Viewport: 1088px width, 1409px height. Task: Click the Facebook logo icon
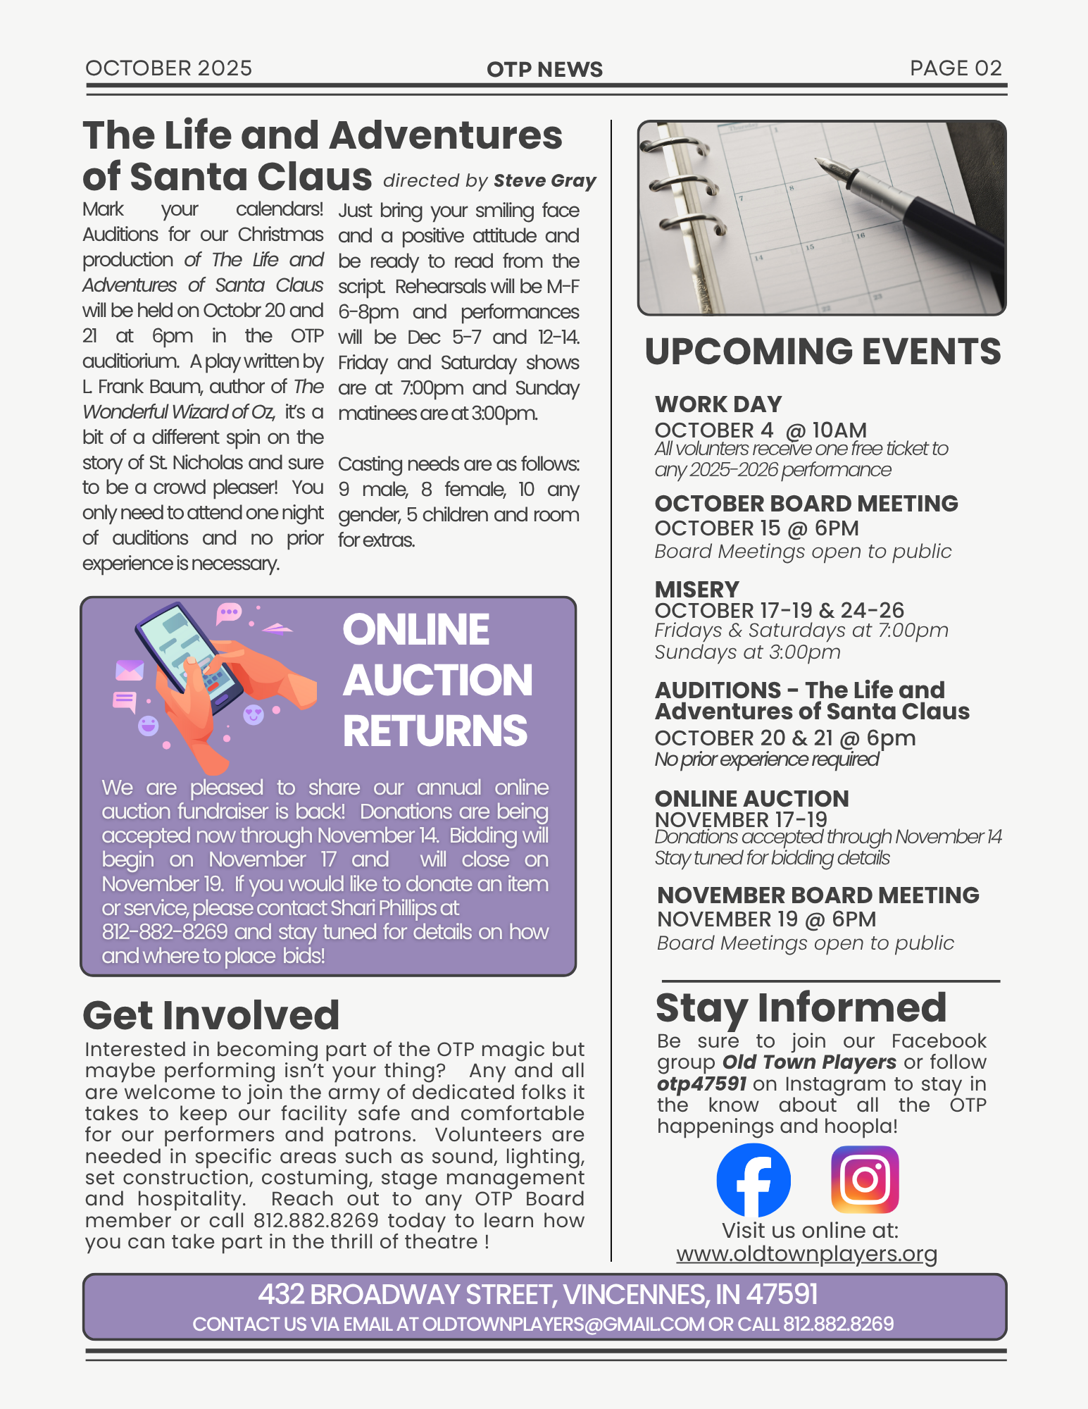[x=753, y=1180]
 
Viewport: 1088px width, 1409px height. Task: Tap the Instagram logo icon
[x=865, y=1179]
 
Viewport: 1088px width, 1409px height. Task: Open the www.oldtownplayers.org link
[x=806, y=1254]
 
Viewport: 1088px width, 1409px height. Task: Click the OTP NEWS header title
[x=544, y=69]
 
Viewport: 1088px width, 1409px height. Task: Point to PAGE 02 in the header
[x=955, y=68]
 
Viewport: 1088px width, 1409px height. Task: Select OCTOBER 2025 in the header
[x=168, y=68]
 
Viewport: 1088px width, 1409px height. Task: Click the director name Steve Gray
[x=544, y=180]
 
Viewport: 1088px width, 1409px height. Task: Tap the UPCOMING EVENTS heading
[x=823, y=352]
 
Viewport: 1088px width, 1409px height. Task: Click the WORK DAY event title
[x=718, y=404]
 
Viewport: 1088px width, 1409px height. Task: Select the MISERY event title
[x=696, y=589]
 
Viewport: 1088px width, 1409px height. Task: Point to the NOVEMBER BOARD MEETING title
[x=818, y=895]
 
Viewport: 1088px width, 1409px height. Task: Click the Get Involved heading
[x=211, y=1015]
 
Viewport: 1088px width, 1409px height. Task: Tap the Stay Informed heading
[x=801, y=1007]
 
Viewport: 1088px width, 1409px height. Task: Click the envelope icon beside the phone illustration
[x=130, y=670]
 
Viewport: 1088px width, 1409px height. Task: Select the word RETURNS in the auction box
[x=434, y=731]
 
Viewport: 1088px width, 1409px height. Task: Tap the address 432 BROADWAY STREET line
[x=537, y=1294]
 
